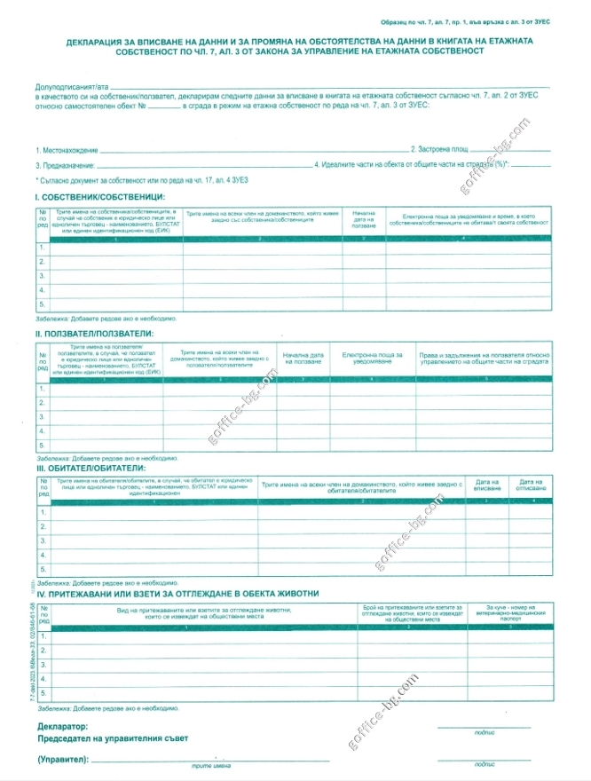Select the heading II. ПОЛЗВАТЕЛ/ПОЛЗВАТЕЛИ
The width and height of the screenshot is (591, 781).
(96, 333)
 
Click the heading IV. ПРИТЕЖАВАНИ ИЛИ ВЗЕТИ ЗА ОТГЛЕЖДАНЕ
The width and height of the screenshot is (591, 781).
(177, 592)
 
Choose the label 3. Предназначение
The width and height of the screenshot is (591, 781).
(65, 165)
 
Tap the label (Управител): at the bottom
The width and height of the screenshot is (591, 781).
(64, 761)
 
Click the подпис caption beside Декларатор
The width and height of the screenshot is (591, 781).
(485, 733)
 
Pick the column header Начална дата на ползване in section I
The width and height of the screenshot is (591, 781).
(364, 219)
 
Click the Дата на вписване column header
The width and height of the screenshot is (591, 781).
(488, 487)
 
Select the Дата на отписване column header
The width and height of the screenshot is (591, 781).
(532, 487)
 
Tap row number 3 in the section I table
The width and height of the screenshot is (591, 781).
(42, 276)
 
